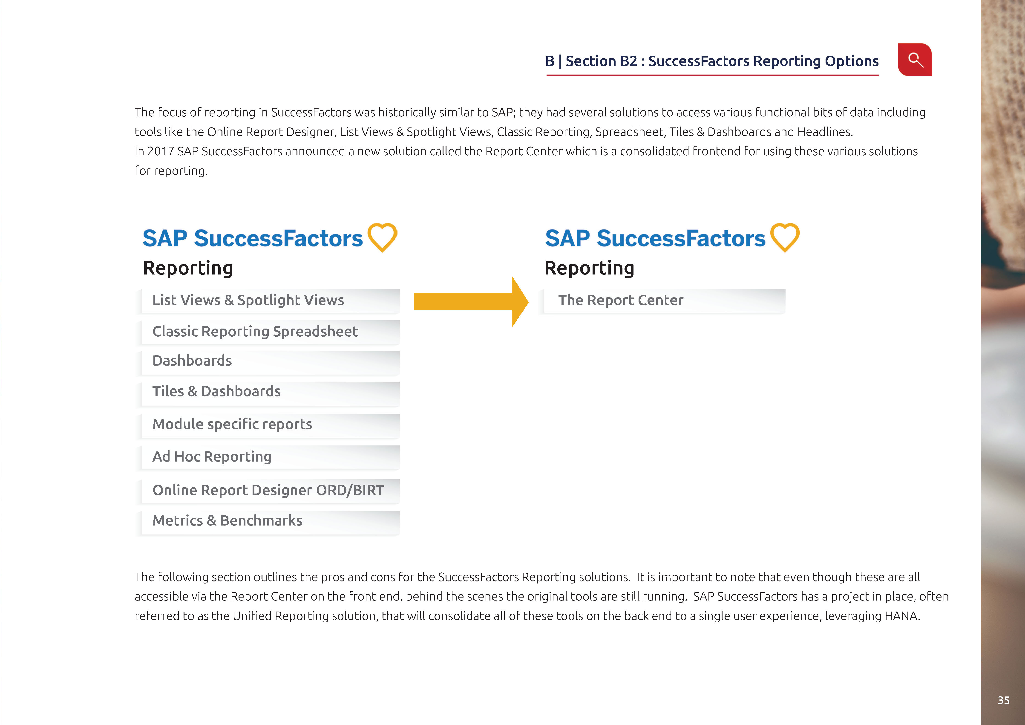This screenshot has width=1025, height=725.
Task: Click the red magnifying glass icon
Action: point(915,60)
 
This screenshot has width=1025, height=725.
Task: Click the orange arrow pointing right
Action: point(471,302)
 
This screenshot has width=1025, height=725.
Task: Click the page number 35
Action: point(1004,700)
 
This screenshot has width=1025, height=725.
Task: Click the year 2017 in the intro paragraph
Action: point(161,151)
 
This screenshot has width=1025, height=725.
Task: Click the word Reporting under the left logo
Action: point(188,268)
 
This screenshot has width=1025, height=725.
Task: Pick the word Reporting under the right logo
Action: point(589,268)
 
